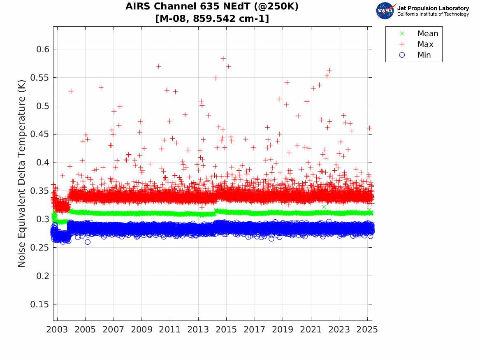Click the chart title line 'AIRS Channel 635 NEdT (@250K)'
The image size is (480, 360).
coord(212,7)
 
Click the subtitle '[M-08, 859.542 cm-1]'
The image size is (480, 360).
coord(212,19)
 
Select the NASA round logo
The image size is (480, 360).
coord(385,11)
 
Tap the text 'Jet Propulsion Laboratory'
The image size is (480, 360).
coord(433,8)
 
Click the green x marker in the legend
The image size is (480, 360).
coord(402,33)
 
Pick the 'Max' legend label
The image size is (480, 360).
coord(425,44)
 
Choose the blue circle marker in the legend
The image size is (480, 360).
coord(402,55)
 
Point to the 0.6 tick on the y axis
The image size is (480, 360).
coord(41,49)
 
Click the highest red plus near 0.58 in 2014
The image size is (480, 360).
coord(223,58)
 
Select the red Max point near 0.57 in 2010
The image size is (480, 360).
coord(159,66)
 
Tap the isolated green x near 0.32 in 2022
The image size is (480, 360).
coord(324,207)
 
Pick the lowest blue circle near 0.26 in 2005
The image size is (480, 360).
coord(88,242)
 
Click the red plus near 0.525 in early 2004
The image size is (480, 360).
coord(71,91)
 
